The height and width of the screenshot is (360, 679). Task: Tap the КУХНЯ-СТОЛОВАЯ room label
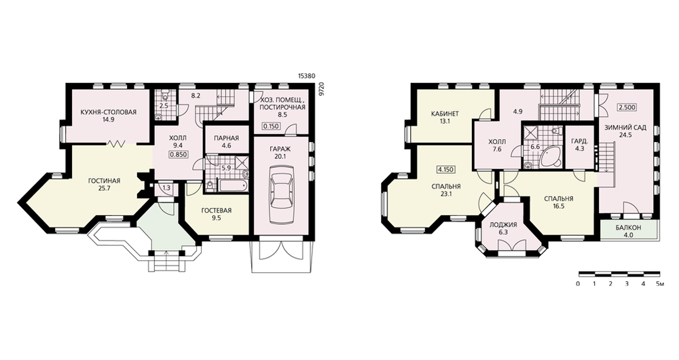[108, 112]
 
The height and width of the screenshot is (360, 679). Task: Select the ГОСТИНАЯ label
[104, 181]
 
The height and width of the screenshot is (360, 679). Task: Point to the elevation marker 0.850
[178, 154]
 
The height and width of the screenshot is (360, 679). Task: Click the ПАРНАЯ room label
[226, 138]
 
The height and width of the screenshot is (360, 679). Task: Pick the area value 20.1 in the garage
[280, 156]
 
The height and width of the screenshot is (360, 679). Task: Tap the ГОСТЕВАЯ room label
[217, 211]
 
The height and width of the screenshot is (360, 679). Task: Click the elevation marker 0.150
[271, 126]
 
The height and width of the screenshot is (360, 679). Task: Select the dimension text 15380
[307, 75]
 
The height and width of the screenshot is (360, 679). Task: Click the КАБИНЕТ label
[445, 114]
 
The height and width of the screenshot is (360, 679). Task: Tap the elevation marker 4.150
[445, 169]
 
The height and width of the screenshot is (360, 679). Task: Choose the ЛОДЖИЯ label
[503, 225]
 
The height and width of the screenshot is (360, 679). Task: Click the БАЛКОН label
[628, 228]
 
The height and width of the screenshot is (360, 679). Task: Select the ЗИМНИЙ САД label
[626, 128]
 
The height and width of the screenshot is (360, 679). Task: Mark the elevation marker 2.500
[627, 107]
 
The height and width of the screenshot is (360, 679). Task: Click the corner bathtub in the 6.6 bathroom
[550, 157]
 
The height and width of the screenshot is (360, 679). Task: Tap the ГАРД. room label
[579, 141]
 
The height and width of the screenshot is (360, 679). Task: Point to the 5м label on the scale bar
[660, 284]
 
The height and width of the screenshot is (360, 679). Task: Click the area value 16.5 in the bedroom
[559, 206]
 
